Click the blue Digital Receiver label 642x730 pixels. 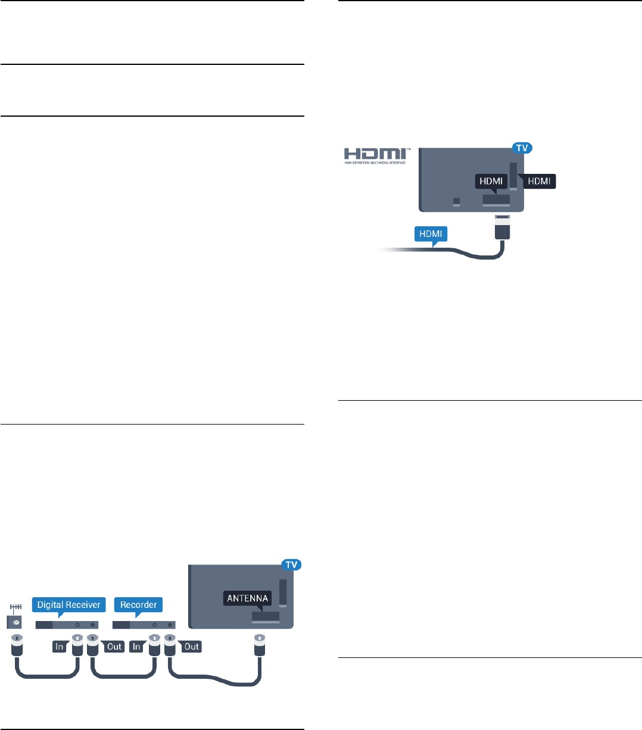pyautogui.click(x=68, y=604)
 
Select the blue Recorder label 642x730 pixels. pyautogui.click(x=138, y=604)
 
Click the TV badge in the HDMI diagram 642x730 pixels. pyautogui.click(x=522, y=148)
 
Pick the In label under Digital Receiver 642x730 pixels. pyautogui.click(x=60, y=646)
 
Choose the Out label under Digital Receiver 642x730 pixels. pyautogui.click(x=114, y=646)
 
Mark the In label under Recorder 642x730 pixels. pyautogui.click(x=137, y=646)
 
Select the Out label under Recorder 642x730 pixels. pyautogui.click(x=192, y=646)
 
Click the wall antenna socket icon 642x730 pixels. pyautogui.click(x=14, y=620)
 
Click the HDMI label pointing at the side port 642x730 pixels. pyautogui.click(x=539, y=181)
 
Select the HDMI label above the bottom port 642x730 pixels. pyautogui.click(x=492, y=181)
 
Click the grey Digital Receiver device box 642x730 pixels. pyautogui.click(x=67, y=625)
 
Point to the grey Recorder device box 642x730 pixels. pyautogui.click(x=144, y=625)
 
